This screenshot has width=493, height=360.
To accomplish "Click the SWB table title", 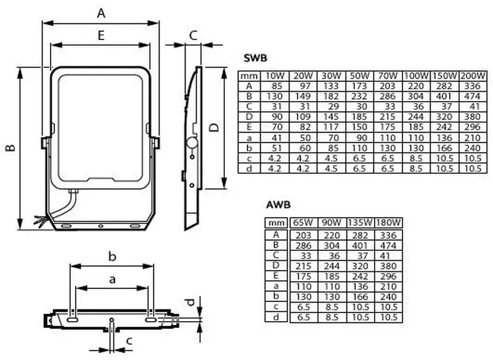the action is coord(255,58).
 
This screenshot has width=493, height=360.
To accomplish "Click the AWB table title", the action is coord(279,205).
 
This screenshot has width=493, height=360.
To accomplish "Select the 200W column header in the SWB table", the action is coord(473,76).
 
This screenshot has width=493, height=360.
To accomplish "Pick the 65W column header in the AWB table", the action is coord(303,223).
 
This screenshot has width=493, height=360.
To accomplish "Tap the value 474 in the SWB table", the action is coord(472,96).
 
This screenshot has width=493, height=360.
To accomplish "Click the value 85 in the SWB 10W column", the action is coord(276,86).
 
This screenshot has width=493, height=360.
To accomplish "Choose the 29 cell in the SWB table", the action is coord(333,106).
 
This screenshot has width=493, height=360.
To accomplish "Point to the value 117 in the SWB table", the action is coord(331,127).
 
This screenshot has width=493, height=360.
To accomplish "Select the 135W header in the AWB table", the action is coord(360,223).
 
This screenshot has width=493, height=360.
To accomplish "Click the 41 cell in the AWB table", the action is coord(385,256).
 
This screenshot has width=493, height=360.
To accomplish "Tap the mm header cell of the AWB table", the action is coord(276,223).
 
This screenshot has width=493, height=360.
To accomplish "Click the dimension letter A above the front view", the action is coord(101,13).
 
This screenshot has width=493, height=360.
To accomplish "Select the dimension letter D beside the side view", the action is coord(214,128).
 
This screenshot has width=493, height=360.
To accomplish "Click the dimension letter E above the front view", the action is coord(101,35).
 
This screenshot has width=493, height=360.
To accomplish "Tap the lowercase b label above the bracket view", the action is coord(112,256).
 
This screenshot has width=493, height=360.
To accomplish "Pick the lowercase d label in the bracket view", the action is coord(190,302).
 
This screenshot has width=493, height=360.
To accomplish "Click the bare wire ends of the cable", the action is coord(40,220).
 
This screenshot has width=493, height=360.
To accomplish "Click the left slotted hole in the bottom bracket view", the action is coord(73,319).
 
